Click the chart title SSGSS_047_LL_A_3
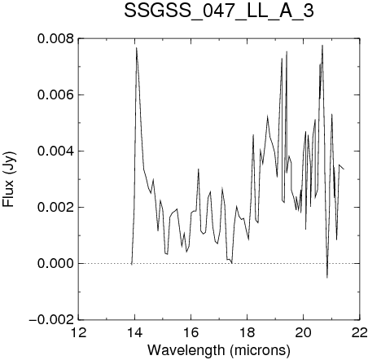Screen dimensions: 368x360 (x=219, y=11)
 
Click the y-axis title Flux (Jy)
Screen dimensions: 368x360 (x=9, y=180)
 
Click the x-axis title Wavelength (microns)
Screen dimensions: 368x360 (x=219, y=350)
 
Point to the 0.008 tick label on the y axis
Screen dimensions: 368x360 (x=55, y=39)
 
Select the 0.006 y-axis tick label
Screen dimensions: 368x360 (x=55, y=95)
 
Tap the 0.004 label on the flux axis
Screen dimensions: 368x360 (x=55, y=151)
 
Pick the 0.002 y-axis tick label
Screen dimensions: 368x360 (x=55, y=207)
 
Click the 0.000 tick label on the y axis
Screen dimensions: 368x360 (x=55, y=263)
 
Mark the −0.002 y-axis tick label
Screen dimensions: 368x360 (x=51, y=319)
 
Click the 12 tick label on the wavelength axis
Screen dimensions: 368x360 (x=79, y=332)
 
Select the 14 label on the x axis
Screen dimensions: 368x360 (x=135, y=332)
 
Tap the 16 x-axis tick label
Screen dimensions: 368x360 (x=191, y=332)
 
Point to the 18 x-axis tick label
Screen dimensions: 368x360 (x=248, y=332)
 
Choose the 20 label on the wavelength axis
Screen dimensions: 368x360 (x=304, y=332)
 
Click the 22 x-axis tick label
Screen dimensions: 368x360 (x=360, y=332)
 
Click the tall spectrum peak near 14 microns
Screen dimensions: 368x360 (x=137, y=48)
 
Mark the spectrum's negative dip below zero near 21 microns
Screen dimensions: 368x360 (x=327, y=278)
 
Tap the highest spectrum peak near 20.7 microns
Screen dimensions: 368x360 (x=322, y=46)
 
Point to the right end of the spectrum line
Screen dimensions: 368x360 (x=344, y=169)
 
